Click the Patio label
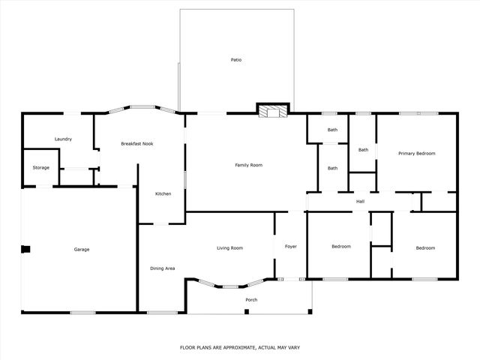236,60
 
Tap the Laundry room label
63,139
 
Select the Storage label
41,167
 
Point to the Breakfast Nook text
137,143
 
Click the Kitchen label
163,193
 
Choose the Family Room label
248,164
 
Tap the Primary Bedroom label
416,153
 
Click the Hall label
360,201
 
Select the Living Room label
229,247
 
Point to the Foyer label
289,246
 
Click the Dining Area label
163,268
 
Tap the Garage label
81,249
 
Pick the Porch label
251,300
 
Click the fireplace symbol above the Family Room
271,112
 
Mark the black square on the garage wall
25,250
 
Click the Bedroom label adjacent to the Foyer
340,247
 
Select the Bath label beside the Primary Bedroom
363,149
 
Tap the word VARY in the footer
293,347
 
